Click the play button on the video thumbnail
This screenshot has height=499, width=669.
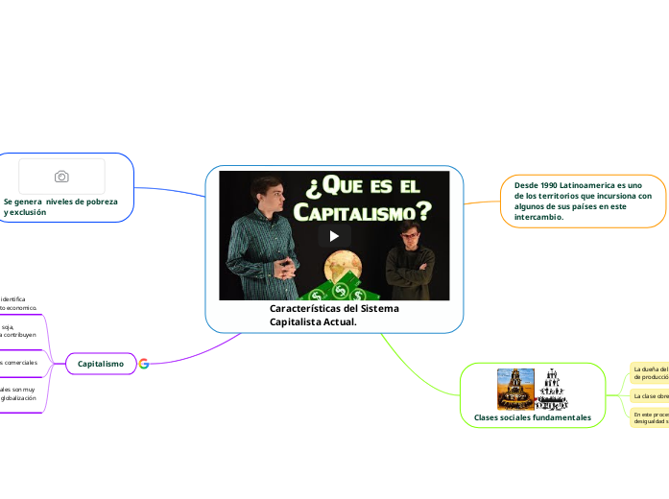click(x=334, y=236)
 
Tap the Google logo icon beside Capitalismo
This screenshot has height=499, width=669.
click(x=144, y=364)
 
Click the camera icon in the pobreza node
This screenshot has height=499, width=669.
click(x=61, y=177)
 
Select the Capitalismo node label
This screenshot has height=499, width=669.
click(x=101, y=364)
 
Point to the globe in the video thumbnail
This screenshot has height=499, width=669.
click(x=344, y=268)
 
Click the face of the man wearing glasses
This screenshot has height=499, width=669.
click(x=410, y=235)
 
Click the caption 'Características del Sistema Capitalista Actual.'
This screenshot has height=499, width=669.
click(x=333, y=315)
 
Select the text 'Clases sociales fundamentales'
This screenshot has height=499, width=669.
click(x=532, y=417)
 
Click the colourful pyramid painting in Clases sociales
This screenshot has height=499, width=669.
click(x=514, y=389)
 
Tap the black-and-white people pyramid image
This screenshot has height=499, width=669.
click(x=551, y=389)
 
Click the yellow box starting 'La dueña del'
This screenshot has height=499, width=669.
click(x=649, y=372)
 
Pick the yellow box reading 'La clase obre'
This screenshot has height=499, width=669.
click(x=649, y=395)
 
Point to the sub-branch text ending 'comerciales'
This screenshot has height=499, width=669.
click(x=18, y=364)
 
